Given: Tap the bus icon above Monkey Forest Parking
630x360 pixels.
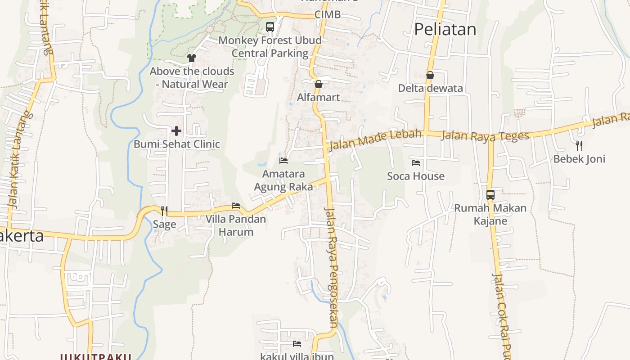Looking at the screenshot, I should tap(270, 27).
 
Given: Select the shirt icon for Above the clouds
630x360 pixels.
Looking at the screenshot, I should tap(192, 58).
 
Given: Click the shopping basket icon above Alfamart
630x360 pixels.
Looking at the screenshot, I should tap(319, 84).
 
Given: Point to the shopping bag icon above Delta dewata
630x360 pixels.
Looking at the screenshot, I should tap(430, 75).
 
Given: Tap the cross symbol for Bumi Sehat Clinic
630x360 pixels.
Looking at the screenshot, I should tap(176, 131).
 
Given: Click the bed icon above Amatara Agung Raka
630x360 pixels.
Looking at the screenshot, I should tap(283, 160).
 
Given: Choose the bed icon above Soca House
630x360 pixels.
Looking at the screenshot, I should tap(416, 162).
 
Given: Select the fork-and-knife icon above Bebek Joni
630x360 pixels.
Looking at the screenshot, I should tap(579, 145).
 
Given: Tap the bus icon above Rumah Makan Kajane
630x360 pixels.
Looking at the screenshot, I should tap(490, 195).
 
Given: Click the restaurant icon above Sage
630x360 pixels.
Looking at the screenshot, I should tap(164, 211).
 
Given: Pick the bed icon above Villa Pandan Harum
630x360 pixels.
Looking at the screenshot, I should tap(236, 206).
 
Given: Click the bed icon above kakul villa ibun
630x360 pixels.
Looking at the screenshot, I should tap(297, 344).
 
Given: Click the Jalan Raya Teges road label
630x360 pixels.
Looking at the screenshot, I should tap(485, 135).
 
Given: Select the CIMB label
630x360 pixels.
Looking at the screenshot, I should tap(327, 14).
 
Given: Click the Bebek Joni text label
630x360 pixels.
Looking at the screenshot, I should tap(579, 159).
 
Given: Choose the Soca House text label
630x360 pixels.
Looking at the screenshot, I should tap(416, 176).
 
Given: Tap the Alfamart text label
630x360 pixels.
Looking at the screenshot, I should tap(319, 97).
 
